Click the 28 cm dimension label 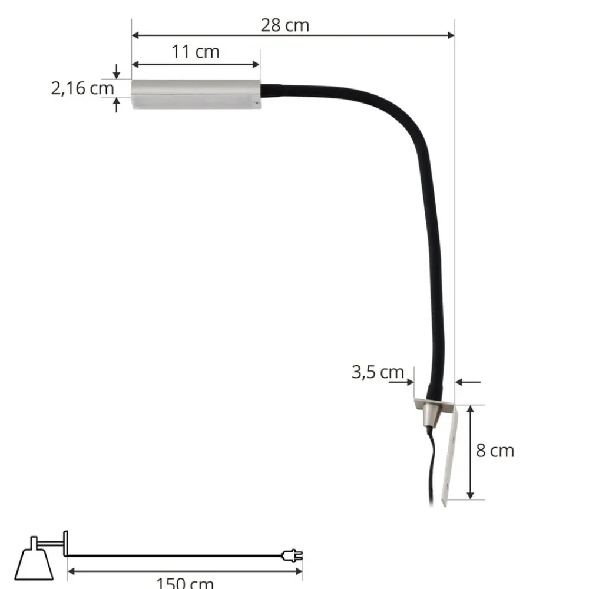coord(284,25)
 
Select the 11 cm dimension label coord(196,52)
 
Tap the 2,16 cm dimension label coord(82,89)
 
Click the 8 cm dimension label coord(495,451)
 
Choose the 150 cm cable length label coord(184,583)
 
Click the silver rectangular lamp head coord(195,95)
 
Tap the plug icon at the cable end coord(293,555)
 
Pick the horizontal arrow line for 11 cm coord(195,64)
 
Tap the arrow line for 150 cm coord(184,570)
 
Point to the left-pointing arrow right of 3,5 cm coord(469,382)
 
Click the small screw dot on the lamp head coord(256,103)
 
